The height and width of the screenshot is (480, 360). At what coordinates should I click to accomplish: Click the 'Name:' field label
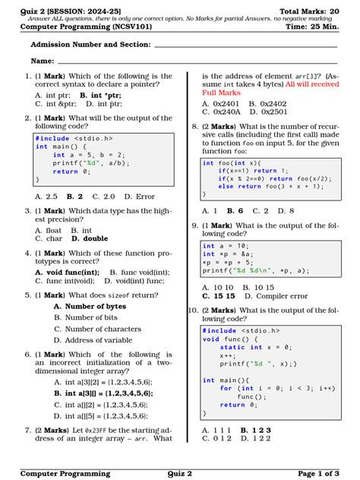coord(42,60)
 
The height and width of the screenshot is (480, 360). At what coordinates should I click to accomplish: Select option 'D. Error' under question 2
coord(140,196)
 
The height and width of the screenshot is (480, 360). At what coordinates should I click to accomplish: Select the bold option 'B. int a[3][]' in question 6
coord(103,393)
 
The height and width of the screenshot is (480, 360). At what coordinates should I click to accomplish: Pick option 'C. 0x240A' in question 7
coord(220,112)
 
